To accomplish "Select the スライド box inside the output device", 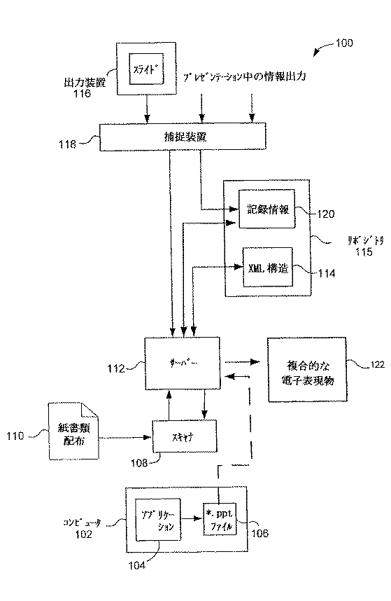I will click(148, 70).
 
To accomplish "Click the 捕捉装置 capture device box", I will click(183, 136).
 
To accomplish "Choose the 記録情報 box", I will click(265, 209).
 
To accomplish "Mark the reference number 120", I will click(326, 214).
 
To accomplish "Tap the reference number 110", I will click(15, 436).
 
